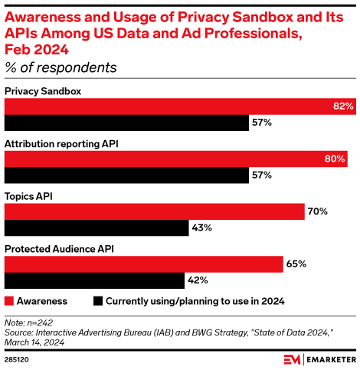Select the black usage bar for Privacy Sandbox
tap(126, 123)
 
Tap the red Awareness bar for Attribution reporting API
tap(176, 159)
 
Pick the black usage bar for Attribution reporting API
tap(126, 175)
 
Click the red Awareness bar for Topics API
tap(155, 211)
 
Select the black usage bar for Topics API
tap(97, 228)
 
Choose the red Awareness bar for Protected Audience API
tap(144, 264)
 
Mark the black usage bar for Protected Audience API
tap(94, 280)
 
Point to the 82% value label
tap(342, 106)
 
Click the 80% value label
tap(335, 159)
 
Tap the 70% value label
tap(318, 211)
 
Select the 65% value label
tap(296, 264)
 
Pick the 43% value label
tap(202, 228)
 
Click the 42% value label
tap(198, 280)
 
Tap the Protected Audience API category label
tap(54, 249)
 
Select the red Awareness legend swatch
tap(9, 301)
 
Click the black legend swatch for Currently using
tap(97, 301)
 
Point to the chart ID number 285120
tap(18, 359)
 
